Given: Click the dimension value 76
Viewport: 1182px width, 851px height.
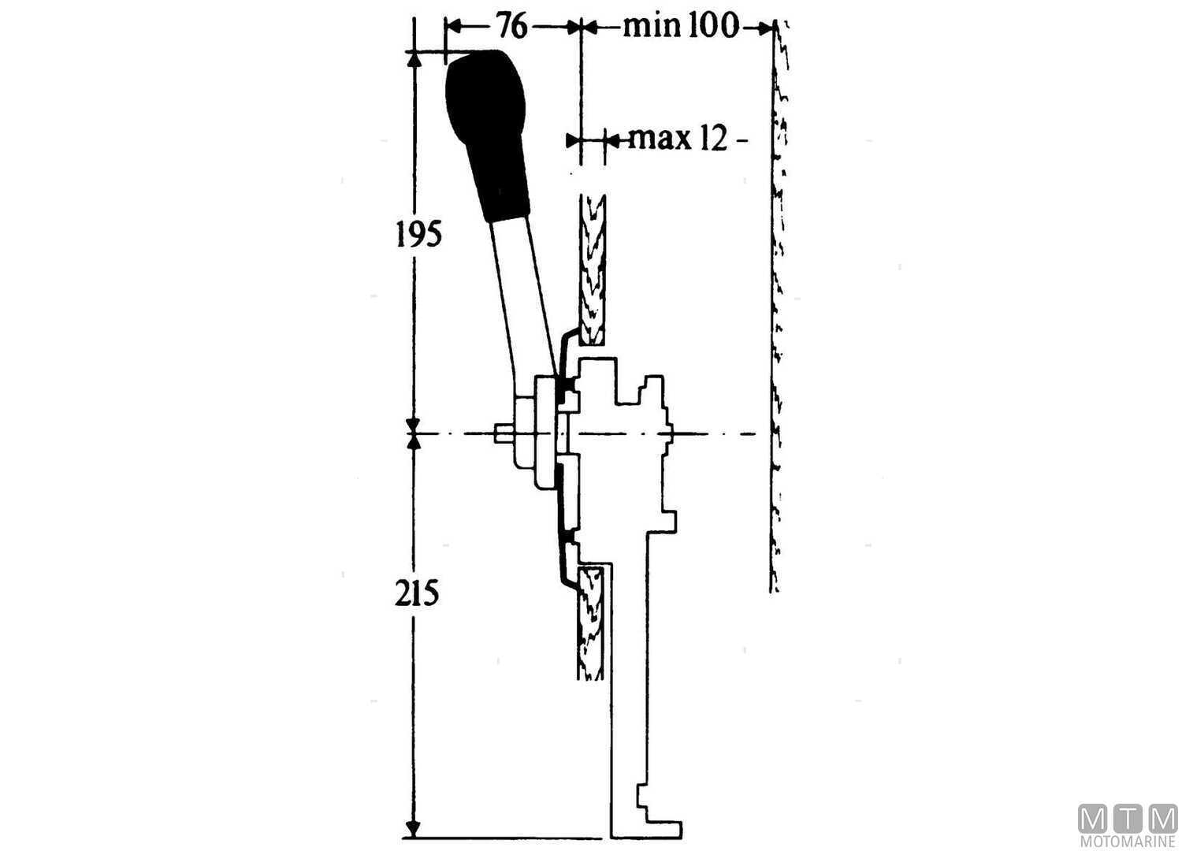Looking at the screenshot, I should (511, 27).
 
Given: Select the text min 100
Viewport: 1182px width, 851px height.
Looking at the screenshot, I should (682, 27).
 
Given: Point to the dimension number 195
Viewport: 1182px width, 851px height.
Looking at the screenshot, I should (418, 234).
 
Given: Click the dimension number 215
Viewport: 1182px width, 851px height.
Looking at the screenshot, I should (417, 593).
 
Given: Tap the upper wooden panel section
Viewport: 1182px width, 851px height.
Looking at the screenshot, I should (592, 268).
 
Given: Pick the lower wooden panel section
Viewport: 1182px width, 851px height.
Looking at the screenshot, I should (591, 622).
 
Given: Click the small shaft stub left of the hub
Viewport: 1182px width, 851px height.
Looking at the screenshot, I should (504, 434).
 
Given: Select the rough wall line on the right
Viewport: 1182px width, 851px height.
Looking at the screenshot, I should (777, 315).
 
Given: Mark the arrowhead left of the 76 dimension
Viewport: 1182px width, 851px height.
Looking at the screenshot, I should (453, 27).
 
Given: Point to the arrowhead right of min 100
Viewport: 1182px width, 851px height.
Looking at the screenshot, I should (764, 28).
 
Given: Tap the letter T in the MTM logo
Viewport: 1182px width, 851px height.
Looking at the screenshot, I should (1128, 819).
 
